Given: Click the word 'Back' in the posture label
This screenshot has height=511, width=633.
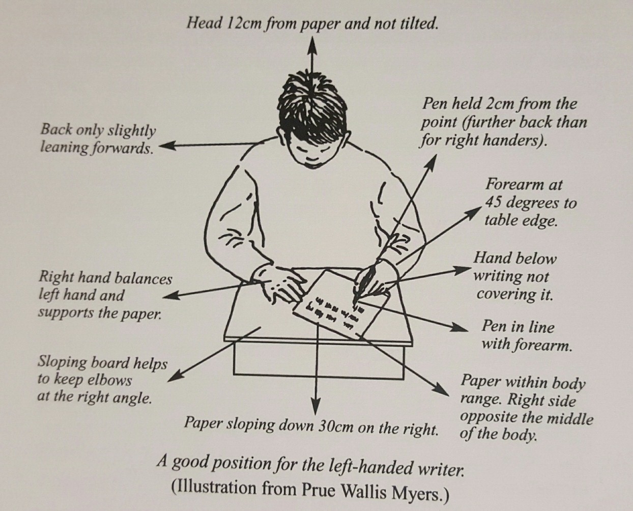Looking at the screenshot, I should tap(55, 130).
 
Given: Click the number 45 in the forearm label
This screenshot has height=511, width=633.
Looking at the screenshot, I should tap(494, 203).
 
